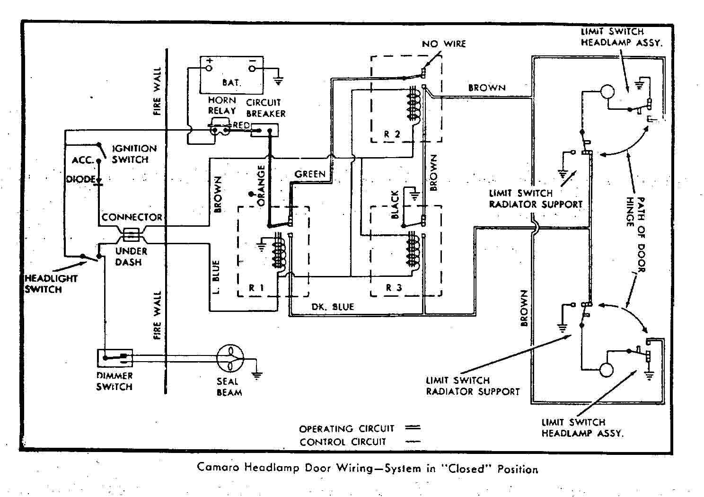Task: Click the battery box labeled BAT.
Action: pos(231,76)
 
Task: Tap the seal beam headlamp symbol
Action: pos(230,358)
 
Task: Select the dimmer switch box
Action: pos(114,358)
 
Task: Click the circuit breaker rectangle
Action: pos(264,130)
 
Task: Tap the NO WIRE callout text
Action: pos(443,44)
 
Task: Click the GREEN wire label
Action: pos(310,174)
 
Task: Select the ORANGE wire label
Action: pos(261,185)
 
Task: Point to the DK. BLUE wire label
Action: pos(332,307)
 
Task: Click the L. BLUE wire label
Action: pos(216,277)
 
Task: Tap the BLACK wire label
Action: pos(396,204)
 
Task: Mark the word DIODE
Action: pos(81,180)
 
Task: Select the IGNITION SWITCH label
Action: pos(133,154)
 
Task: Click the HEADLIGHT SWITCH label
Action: pos(50,284)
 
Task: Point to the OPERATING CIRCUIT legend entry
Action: pos(346,429)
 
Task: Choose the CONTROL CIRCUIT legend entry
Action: pos(343,442)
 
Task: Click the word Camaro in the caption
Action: pos(218,468)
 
